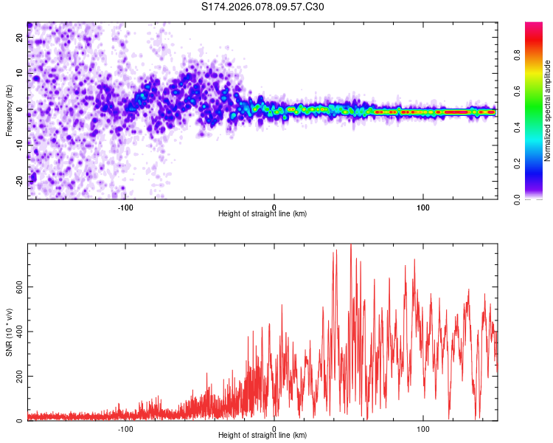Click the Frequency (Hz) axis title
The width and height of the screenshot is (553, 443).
point(9,110)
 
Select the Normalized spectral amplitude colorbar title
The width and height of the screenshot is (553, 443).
point(547,110)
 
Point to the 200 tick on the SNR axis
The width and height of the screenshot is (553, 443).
point(16,376)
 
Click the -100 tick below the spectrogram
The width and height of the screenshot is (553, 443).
point(125,207)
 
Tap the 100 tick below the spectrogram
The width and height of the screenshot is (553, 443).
point(423,207)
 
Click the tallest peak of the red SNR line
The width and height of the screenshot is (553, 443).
point(351,245)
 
